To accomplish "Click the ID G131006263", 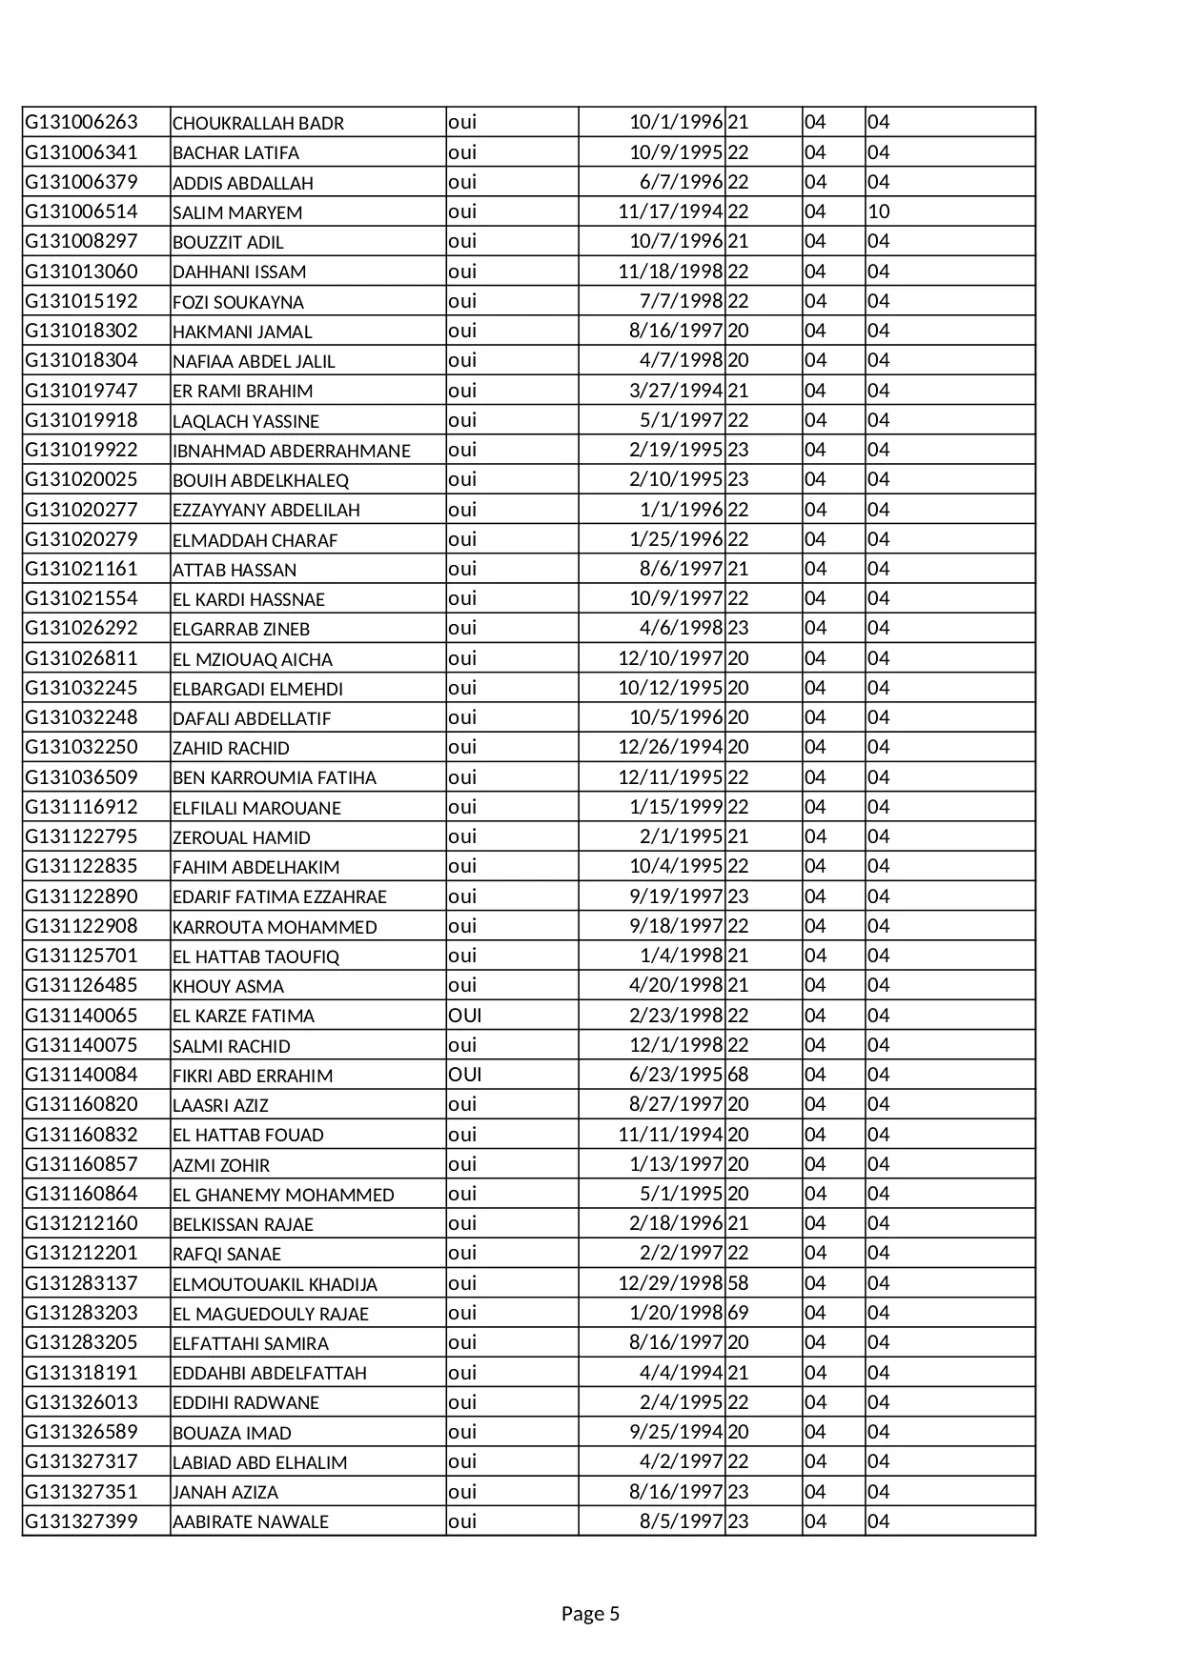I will pos(81,122).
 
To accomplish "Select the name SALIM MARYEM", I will pos(237,212).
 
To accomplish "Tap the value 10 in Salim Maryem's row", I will pos(878,211).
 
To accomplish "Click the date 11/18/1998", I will pos(670,272).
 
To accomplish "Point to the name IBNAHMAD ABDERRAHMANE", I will pos(291,451).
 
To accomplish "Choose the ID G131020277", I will pos(81,510).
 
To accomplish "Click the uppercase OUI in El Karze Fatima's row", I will pos(465,1016).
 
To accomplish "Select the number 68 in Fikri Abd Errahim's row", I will pos(738,1075).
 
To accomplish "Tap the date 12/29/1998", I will pos(670,1283).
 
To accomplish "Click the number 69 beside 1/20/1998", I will pos(738,1313).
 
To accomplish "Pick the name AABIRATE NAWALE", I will pos(251,1522).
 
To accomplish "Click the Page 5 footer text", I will pos(590,1614).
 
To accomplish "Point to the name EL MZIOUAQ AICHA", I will pos(253,659).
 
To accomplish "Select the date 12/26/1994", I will pos(670,747).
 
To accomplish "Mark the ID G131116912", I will pos(81,807).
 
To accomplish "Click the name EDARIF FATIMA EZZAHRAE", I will pos(279,896).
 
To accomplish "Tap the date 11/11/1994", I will pos(670,1135).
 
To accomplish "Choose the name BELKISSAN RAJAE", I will pos(243,1224).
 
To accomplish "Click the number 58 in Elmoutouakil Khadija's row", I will pos(738,1283).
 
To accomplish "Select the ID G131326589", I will pos(81,1432).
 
